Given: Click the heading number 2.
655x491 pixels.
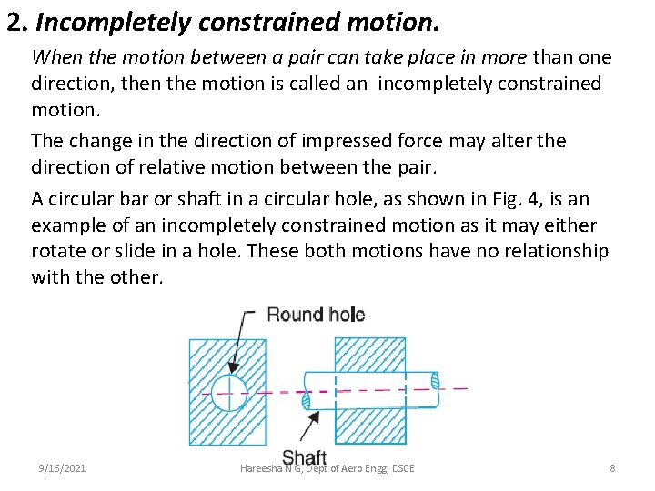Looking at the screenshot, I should point(15,21).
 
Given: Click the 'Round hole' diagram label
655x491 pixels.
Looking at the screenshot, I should point(316,316).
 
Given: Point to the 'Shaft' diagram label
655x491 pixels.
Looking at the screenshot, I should point(304,457).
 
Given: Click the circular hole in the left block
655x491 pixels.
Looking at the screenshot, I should point(228,393).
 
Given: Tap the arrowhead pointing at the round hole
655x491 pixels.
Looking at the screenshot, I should point(232,368).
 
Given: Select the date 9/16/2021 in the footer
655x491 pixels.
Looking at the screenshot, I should point(62,468).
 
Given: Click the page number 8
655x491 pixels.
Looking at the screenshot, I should point(612,468).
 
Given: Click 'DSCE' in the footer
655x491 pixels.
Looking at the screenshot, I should point(400,468).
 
